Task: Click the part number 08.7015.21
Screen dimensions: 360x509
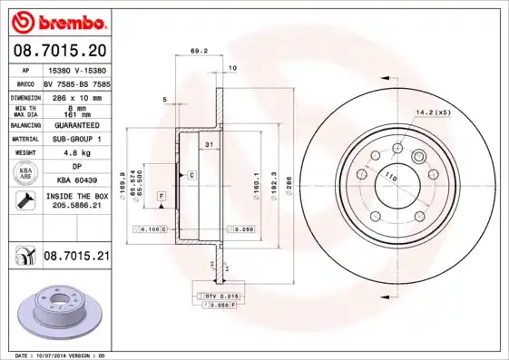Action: point(76,258)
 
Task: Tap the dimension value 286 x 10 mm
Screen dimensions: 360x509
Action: point(75,95)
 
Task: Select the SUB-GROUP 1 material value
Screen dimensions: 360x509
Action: point(76,139)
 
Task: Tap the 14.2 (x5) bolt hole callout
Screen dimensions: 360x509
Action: point(433,112)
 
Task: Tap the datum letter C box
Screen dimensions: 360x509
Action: point(191,173)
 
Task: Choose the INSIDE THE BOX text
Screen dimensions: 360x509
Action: point(76,196)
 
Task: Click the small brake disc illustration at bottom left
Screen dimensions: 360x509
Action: point(55,309)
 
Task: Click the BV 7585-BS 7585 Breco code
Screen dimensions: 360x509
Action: point(76,83)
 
